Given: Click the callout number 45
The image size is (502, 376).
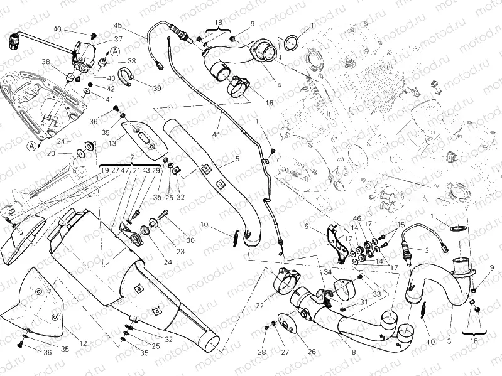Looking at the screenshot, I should (117, 26).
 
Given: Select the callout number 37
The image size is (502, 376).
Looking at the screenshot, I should (118, 39).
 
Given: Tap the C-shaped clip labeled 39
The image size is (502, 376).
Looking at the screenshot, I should (128, 80).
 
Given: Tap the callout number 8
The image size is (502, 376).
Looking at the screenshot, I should (353, 353).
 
